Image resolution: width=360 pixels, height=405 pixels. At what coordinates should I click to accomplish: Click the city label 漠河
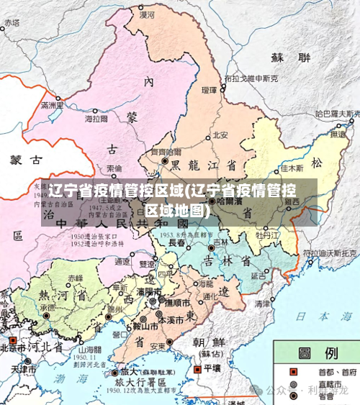tap(147, 14)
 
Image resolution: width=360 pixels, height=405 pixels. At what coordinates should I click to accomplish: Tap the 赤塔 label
tap(12, 23)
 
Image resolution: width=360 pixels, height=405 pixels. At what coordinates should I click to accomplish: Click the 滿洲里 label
tap(53, 106)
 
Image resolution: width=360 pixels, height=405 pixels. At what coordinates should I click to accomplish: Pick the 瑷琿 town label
tap(210, 91)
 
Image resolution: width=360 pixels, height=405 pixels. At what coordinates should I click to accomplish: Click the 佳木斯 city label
tap(292, 168)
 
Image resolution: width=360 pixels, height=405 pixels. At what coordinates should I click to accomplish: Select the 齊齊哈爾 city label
tap(165, 153)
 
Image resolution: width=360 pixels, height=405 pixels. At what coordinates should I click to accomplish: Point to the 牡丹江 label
tap(266, 235)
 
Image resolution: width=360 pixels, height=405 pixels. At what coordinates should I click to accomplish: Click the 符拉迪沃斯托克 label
tap(330, 253)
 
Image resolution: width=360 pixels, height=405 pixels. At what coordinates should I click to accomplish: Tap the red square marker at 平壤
tap(199, 367)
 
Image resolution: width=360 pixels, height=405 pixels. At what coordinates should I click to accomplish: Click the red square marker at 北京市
tap(12, 337)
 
